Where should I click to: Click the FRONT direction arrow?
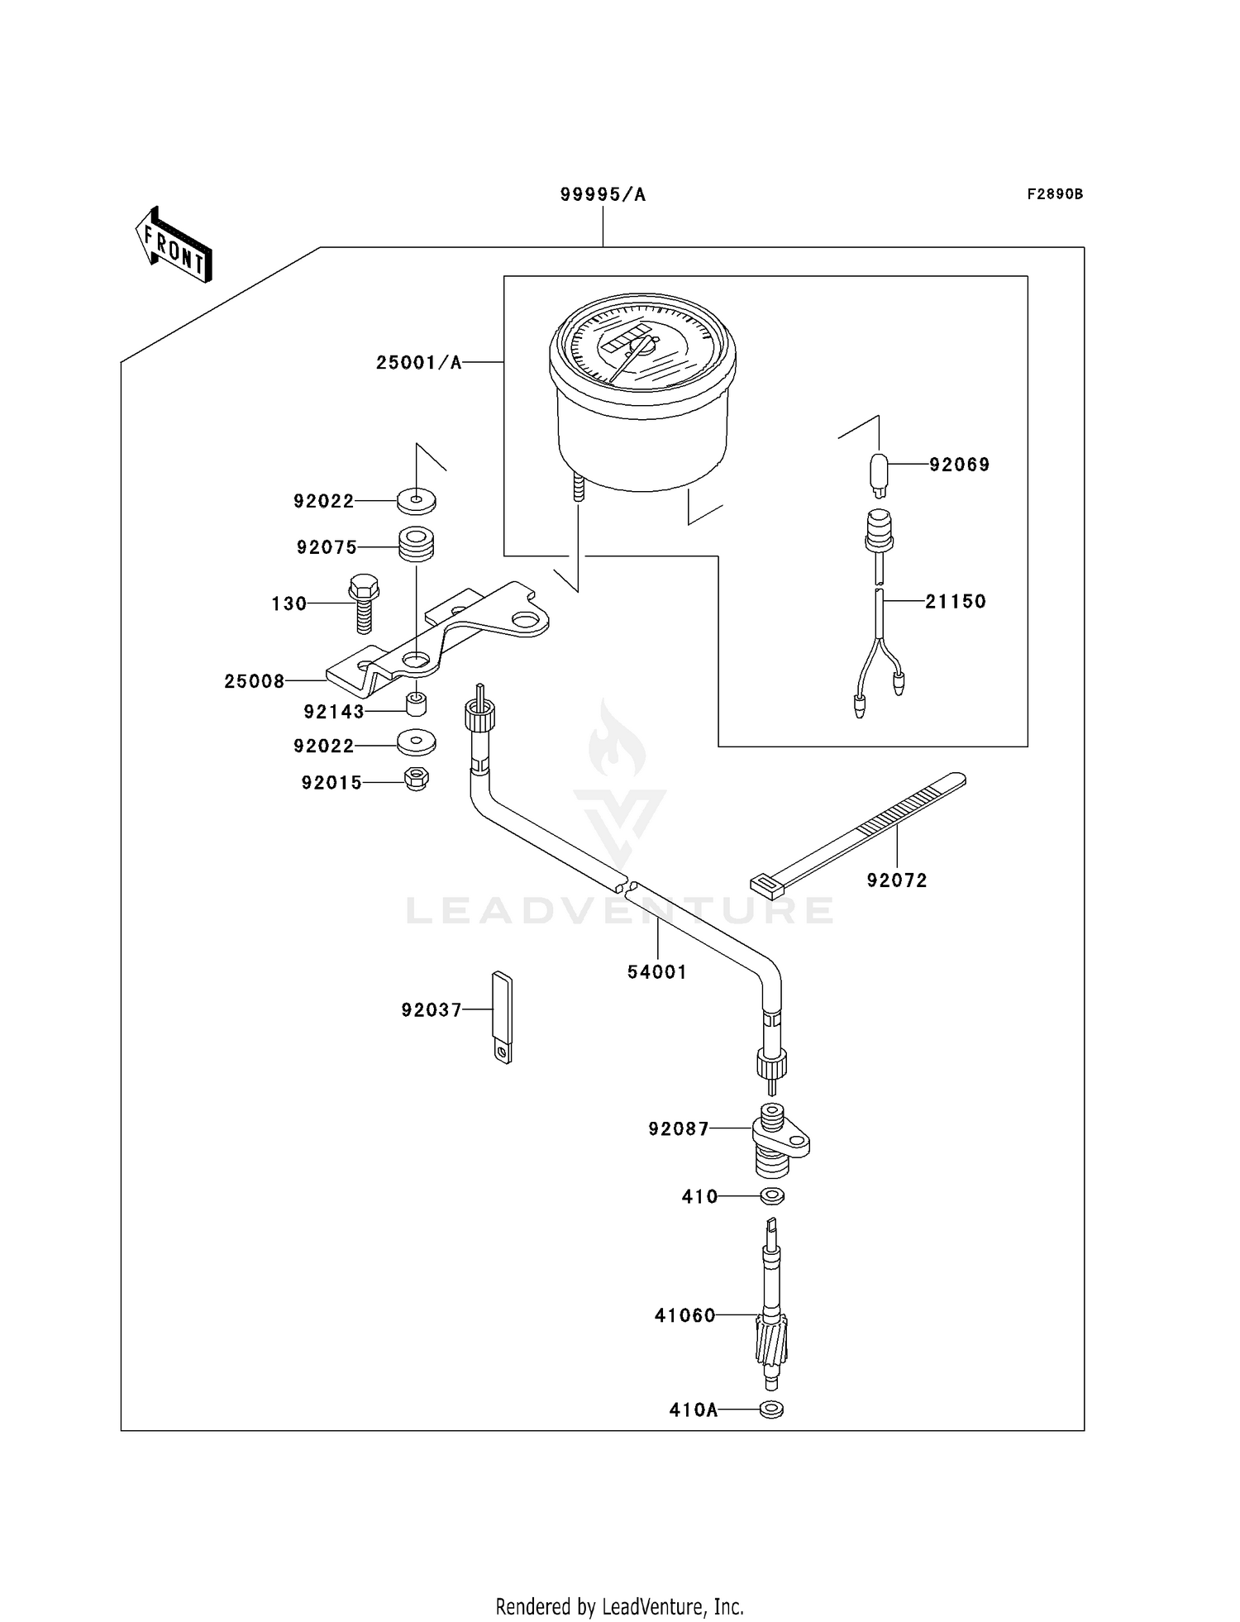point(174,245)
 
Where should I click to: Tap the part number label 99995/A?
point(603,195)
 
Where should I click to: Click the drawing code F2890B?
point(1054,194)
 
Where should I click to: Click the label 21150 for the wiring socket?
point(956,602)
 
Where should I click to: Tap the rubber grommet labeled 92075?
point(417,546)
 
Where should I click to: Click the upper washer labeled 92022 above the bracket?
point(417,501)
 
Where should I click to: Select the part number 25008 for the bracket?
point(255,681)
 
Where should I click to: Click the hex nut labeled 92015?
point(417,779)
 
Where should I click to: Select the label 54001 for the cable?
point(657,972)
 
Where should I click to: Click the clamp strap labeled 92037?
point(503,1017)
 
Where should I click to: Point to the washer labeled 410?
point(772,1195)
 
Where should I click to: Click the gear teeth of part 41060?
point(771,1340)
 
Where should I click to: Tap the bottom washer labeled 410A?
point(771,1410)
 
